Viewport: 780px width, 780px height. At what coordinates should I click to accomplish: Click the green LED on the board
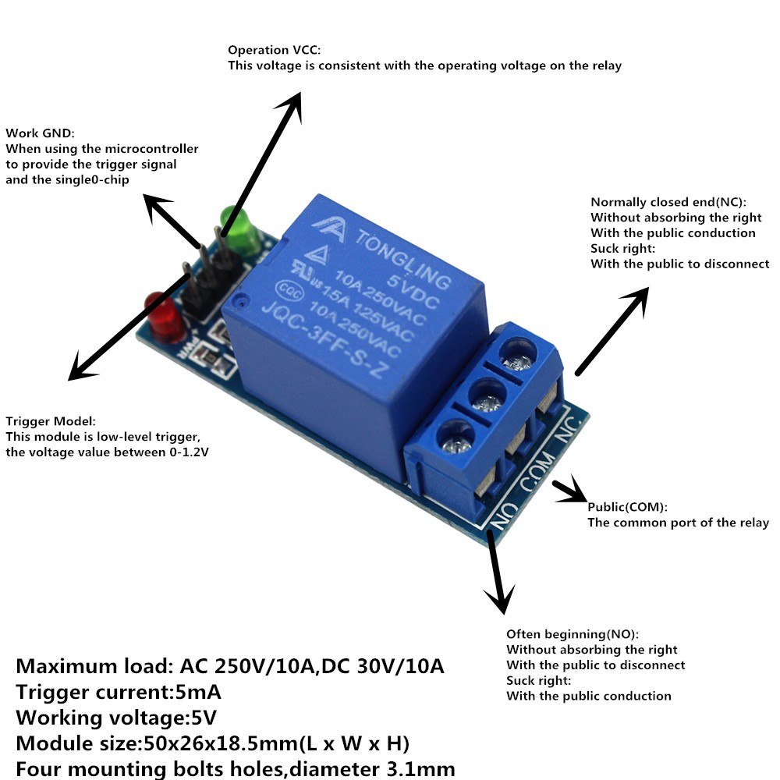click(239, 227)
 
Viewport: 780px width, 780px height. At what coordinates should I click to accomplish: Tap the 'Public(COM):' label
click(628, 507)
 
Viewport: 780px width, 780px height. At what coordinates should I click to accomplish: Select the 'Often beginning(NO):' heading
click(578, 633)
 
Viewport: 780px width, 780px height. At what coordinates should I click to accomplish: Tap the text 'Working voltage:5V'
click(116, 716)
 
